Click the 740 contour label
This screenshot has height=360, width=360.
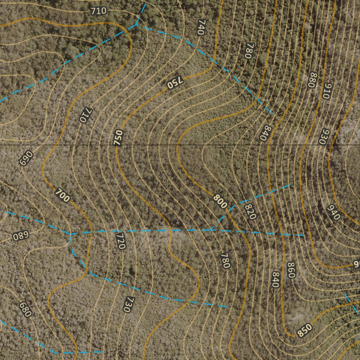pyautogui.click(x=201, y=27)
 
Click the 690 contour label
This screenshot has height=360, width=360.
pyautogui.click(x=26, y=158)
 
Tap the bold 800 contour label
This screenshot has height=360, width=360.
pyautogui.click(x=220, y=202)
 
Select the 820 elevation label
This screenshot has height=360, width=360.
pyautogui.click(x=250, y=211)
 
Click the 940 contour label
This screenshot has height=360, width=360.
pyautogui.click(x=333, y=212)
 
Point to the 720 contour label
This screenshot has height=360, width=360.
pyautogui.click(x=121, y=241)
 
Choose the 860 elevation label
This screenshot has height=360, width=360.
pyautogui.click(x=290, y=270)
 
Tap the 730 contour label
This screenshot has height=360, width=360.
pyautogui.click(x=129, y=304)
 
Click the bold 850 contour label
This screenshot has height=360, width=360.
pyautogui.click(x=304, y=330)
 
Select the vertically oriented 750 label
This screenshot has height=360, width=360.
pyautogui.click(x=119, y=137)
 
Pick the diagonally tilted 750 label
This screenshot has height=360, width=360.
pyautogui.click(x=175, y=83)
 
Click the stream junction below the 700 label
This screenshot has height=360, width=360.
pyautogui.click(x=71, y=233)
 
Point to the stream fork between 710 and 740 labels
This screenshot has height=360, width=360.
pyautogui.click(x=136, y=25)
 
